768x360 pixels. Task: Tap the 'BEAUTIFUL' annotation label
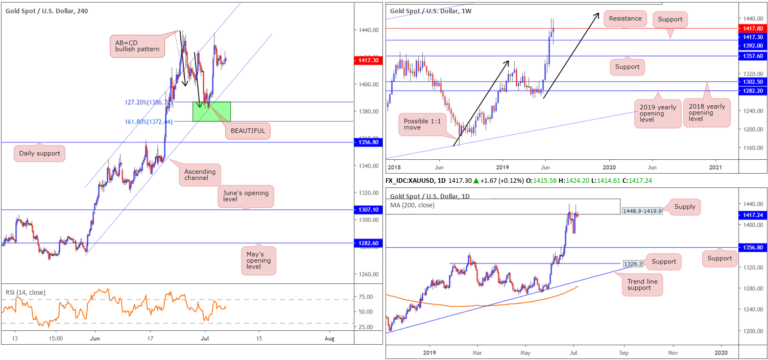pos(248,131)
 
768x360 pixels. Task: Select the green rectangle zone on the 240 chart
pos(211,111)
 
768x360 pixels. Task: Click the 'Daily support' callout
pos(40,153)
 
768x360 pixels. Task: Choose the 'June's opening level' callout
pos(246,197)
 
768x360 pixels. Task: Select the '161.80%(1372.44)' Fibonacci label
pos(148,122)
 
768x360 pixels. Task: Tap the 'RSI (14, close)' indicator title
pos(26,292)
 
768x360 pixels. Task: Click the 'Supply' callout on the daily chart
pos(685,207)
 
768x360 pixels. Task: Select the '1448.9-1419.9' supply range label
pos(642,211)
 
